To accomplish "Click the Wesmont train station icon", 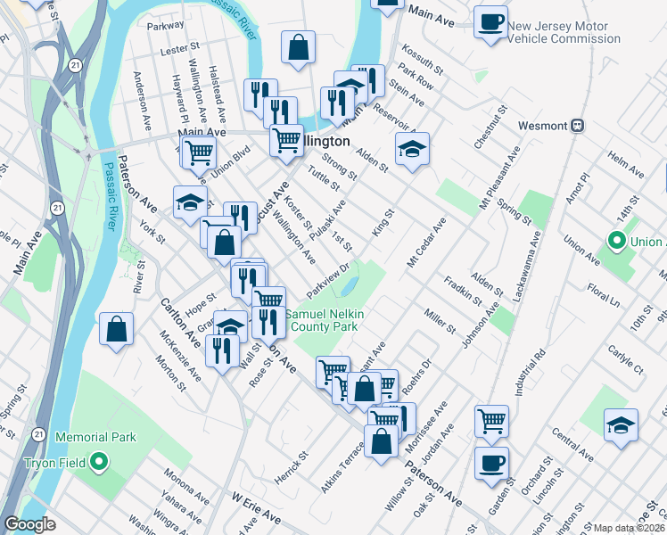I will point(578,125).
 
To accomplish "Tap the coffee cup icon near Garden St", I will point(491,463).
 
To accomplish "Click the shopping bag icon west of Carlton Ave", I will point(117,328).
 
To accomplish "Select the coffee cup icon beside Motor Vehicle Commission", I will point(490,21).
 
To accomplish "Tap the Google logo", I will point(29,524).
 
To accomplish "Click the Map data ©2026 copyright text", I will point(629,528).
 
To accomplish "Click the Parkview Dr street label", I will point(331,279).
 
